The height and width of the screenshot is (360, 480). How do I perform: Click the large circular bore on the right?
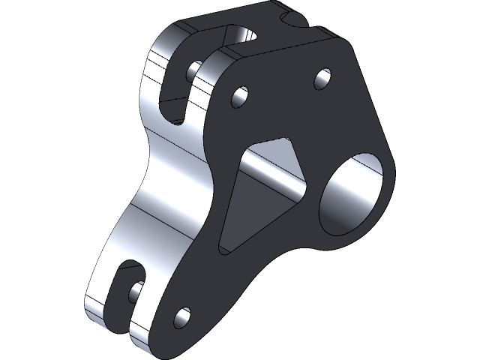(x=355, y=192)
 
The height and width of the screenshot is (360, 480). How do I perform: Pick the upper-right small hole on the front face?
(x=322, y=79)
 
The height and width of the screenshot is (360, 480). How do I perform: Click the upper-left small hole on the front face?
(x=240, y=97)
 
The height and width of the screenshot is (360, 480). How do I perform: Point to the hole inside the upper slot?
(x=193, y=70)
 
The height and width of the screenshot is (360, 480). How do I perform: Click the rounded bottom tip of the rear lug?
(x=97, y=319)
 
